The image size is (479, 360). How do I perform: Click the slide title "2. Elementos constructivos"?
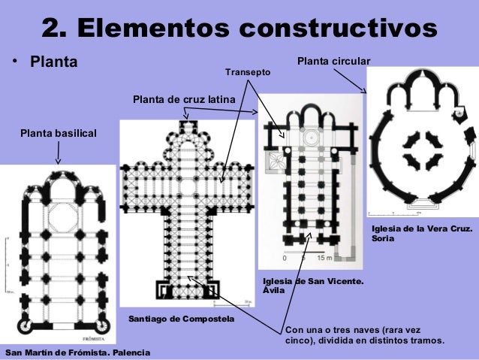pos(239,28)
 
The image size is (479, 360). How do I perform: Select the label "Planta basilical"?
pos(59,133)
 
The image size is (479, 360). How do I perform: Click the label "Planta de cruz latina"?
pos(184,99)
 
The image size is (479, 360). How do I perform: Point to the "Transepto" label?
pos(247,71)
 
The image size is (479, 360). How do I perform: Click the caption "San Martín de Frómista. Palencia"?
pos(77,352)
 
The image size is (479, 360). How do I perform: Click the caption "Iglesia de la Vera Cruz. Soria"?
pos(422,233)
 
